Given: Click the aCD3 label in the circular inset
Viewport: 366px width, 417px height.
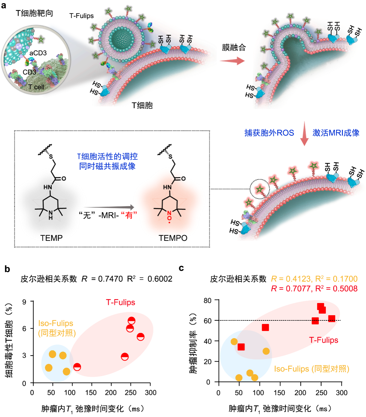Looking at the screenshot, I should click(x=38, y=53).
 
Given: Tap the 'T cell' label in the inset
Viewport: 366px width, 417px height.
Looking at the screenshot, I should click(x=36, y=87).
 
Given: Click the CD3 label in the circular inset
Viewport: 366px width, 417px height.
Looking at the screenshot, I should click(x=29, y=72).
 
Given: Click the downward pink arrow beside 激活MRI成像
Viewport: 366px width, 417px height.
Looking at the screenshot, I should click(x=304, y=133).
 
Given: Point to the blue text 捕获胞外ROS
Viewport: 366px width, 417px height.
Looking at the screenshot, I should click(x=269, y=133).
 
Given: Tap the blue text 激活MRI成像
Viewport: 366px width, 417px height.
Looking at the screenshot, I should click(x=336, y=133).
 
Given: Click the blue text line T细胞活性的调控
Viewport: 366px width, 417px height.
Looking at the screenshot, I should click(x=107, y=156).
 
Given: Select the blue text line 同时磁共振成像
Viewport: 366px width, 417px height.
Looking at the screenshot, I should click(x=107, y=166).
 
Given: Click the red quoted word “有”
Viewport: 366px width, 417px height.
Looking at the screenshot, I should click(x=129, y=215).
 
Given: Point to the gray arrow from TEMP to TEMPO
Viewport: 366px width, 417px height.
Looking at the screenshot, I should click(x=109, y=207).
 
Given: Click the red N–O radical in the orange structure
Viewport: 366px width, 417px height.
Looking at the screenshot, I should click(x=169, y=215).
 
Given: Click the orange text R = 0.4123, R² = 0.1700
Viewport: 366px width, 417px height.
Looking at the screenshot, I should click(x=314, y=279).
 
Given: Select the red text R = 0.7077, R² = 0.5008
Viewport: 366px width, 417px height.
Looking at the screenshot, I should click(x=314, y=289).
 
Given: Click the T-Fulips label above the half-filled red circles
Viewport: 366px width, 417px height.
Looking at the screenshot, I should click(x=120, y=302).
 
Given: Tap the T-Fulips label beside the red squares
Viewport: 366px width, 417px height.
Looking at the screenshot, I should click(x=324, y=340).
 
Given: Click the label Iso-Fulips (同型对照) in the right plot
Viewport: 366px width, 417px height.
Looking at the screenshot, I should click(x=312, y=369).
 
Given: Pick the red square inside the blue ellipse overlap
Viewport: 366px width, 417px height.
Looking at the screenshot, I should click(x=241, y=347).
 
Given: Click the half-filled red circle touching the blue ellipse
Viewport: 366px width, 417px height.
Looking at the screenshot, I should click(x=77, y=367).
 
